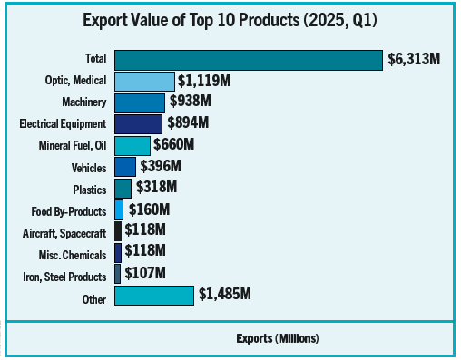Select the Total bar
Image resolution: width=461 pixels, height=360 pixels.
[249, 60]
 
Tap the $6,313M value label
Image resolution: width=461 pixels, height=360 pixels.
[414, 60]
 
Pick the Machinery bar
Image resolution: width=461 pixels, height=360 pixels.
[140, 102]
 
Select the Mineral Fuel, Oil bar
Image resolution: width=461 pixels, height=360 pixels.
[132, 145]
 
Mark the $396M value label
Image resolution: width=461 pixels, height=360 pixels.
[161, 167]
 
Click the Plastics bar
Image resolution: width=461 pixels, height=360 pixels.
[123, 188]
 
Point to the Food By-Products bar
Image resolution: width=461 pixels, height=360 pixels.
[119, 209]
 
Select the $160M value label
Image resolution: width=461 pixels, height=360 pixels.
[149, 209]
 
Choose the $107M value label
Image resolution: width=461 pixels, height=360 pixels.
[145, 273]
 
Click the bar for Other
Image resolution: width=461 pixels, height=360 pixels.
[154, 296]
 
